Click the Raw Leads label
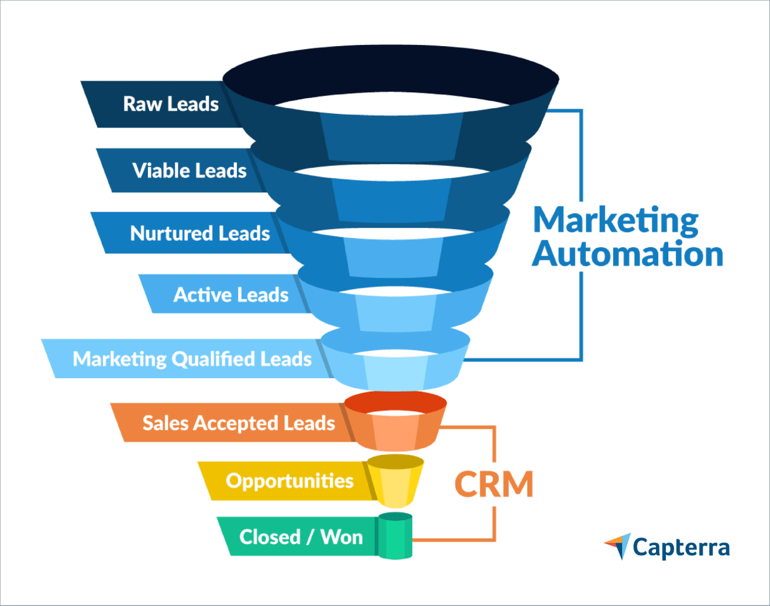(170, 104)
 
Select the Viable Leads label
(189, 171)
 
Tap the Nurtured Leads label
(199, 233)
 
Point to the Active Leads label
(230, 295)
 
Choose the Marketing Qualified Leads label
(192, 359)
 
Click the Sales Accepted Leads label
(239, 423)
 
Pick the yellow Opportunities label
(289, 480)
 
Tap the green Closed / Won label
(301, 536)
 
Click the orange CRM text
(494, 484)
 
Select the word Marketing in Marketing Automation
(616, 220)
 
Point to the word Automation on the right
(627, 254)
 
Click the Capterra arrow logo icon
(618, 546)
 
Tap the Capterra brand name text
(681, 548)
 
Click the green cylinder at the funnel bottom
(395, 536)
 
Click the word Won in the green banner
(341, 536)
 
